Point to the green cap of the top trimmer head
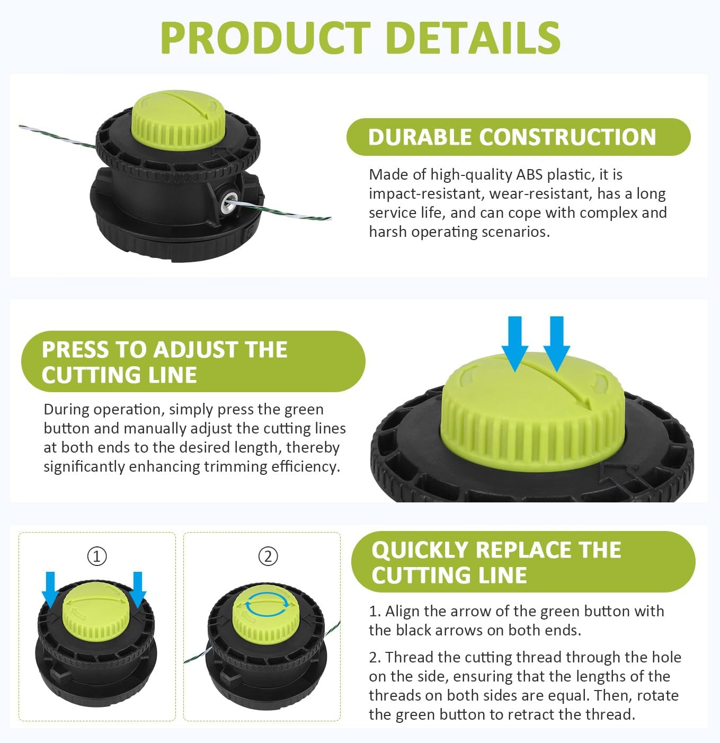coord(179,120)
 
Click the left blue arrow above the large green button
coord(515,343)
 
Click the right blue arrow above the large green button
coord(557,343)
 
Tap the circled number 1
coord(97,556)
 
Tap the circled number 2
coord(268,556)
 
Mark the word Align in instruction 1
coord(402,612)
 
